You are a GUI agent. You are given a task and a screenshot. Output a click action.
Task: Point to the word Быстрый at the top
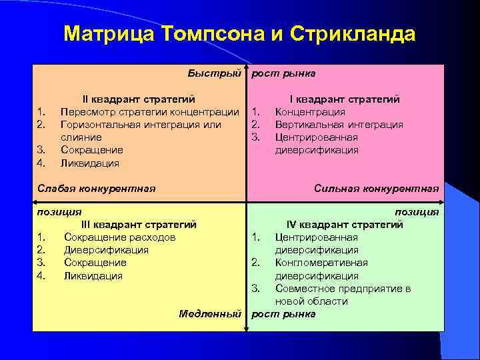tap(213, 73)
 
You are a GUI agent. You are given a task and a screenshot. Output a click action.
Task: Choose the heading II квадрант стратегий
tap(139, 99)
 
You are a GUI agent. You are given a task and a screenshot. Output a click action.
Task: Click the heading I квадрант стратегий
tap(344, 99)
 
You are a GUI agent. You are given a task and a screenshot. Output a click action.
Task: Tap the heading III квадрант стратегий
tap(139, 225)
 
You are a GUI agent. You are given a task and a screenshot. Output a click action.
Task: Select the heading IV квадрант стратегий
tap(345, 225)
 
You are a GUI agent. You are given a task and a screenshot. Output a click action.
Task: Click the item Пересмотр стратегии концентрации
tap(149, 111)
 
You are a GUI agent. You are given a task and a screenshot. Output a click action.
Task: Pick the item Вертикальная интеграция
tap(339, 124)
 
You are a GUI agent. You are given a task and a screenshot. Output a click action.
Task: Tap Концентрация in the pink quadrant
tap(311, 111)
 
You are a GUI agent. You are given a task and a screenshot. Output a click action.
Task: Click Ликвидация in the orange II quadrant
tap(90, 163)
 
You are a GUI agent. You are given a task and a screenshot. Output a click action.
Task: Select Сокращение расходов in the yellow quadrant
tap(120, 237)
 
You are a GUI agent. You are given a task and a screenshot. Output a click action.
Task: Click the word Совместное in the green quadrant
tap(306, 289)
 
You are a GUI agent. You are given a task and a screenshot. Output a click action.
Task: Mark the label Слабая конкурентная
tap(94, 189)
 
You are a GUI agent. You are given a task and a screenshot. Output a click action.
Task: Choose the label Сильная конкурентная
tap(377, 189)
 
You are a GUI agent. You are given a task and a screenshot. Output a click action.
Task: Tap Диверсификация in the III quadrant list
tap(106, 250)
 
